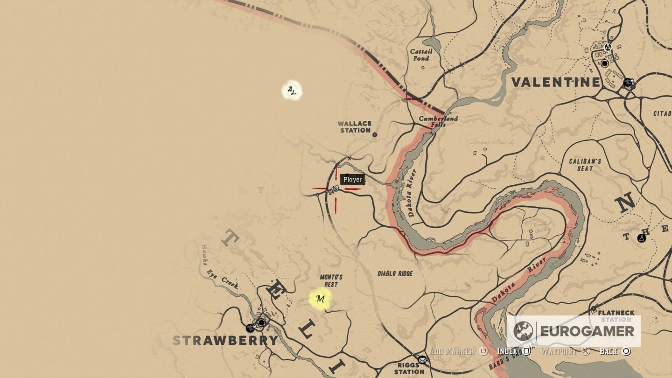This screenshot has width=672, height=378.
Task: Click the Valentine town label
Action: pyautogui.click(x=556, y=83)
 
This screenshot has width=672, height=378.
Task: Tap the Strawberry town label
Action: pyautogui.click(x=225, y=340)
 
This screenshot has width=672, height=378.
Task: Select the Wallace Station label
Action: pyautogui.click(x=355, y=127)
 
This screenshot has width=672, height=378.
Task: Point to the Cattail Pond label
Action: pyautogui.click(x=421, y=55)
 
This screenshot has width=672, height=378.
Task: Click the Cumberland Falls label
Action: pyautogui.click(x=438, y=121)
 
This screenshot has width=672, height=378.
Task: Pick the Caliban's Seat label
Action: pyautogui.click(x=584, y=165)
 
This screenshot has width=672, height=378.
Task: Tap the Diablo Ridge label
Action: pyautogui.click(x=395, y=273)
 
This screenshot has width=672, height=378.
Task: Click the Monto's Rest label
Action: pyautogui.click(x=331, y=280)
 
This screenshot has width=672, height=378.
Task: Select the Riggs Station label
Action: pyautogui.click(x=409, y=368)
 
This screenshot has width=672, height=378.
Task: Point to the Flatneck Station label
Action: pyautogui.click(x=616, y=316)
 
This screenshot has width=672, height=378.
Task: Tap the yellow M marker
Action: pyautogui.click(x=320, y=299)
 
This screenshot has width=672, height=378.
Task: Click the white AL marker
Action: pyautogui.click(x=292, y=91)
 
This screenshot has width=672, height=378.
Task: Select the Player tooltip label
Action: pyautogui.click(x=352, y=179)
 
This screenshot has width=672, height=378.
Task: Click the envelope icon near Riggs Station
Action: pyautogui.click(x=422, y=359)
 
